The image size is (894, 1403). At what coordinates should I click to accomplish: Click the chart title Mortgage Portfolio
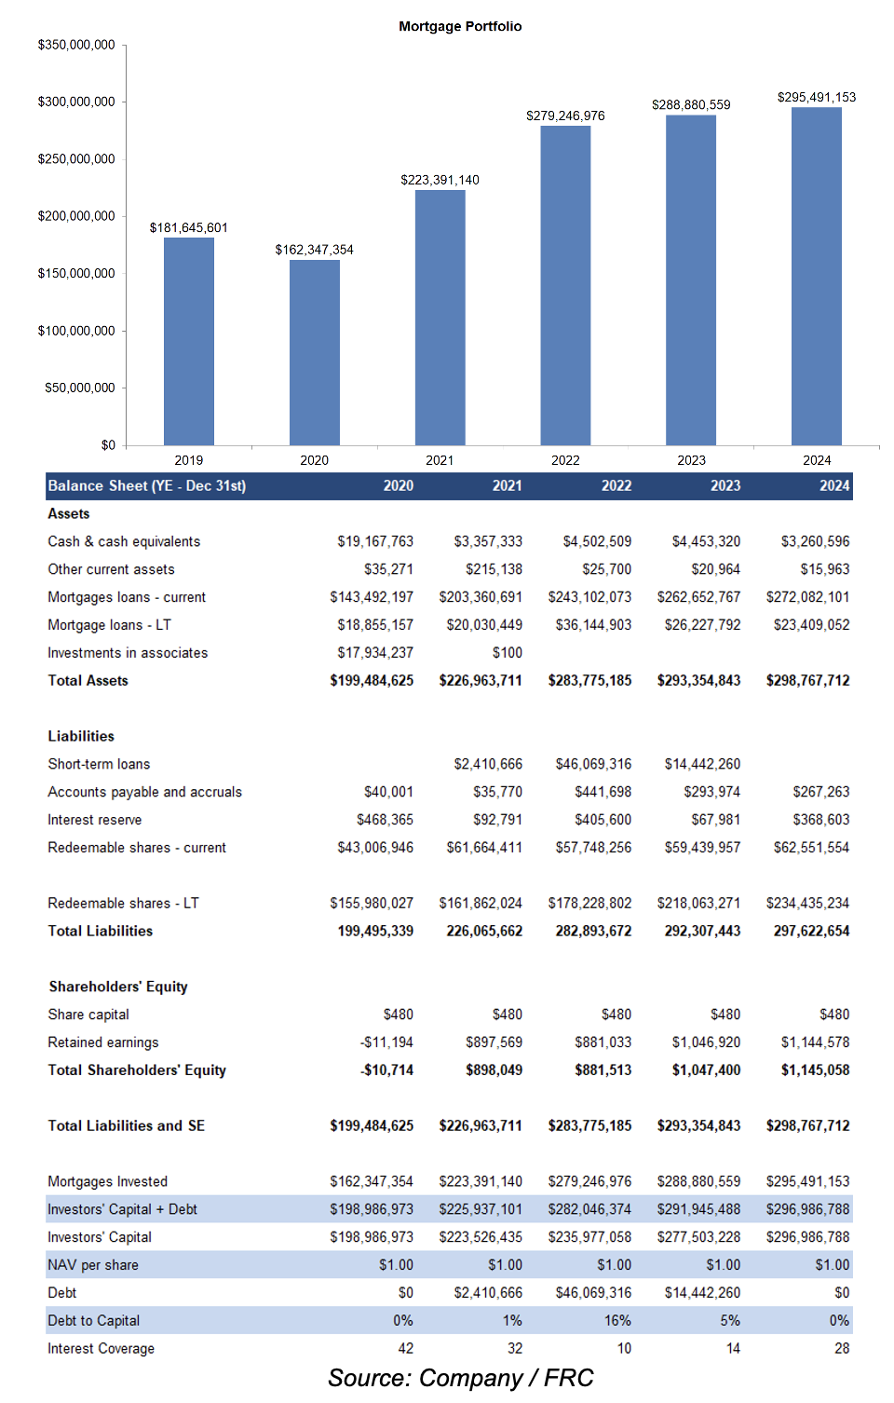pos(460,26)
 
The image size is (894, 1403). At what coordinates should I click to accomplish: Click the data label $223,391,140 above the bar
pos(440,180)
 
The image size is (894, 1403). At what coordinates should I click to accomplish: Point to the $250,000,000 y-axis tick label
pos(76,159)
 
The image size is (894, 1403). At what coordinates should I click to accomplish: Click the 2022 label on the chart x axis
pos(565,460)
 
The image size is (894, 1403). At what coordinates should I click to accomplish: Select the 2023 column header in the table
pos(725,485)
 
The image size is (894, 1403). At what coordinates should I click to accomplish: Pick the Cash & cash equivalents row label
pos(124,541)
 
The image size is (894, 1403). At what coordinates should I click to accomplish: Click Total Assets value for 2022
pos(589,681)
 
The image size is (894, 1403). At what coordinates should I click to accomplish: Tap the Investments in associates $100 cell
pos(508,653)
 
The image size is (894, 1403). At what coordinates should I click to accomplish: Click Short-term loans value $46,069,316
pos(593,764)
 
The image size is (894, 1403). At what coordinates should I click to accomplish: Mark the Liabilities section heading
pos(81,736)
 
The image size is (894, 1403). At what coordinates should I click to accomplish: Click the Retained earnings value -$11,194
pos(386,1042)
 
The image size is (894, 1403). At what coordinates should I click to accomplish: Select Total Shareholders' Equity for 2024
pos(815,1070)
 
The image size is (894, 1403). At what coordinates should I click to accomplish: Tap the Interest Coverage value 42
pos(405,1349)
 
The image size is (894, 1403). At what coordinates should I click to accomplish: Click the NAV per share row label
pos(93,1265)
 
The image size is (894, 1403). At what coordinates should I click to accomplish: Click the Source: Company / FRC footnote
pos(460,1379)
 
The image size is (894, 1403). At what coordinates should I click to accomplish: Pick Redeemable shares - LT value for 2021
pos(481,904)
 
